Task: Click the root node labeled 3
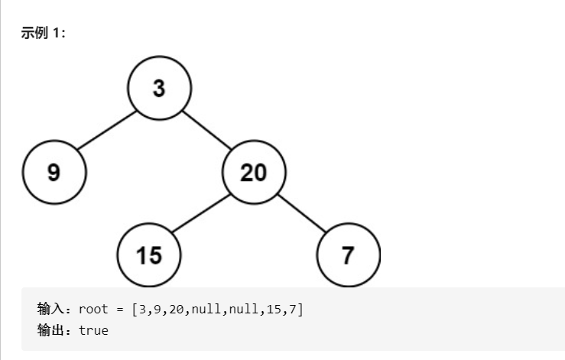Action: coord(158,89)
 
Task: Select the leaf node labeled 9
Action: coord(54,173)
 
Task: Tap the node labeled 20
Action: coord(254,173)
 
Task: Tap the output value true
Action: coord(93,330)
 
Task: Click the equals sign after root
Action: coord(117,310)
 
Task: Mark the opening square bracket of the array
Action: coord(134,310)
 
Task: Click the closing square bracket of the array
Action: coord(301,310)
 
